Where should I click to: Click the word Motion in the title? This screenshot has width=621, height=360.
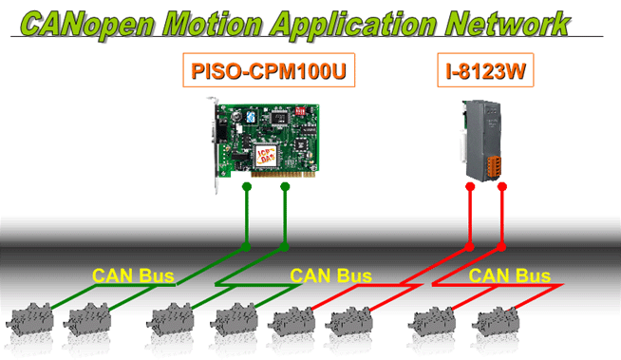(x=212, y=24)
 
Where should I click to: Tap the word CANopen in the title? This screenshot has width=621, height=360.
(x=87, y=25)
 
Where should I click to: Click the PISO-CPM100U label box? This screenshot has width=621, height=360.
(x=269, y=70)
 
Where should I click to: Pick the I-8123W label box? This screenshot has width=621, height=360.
(x=485, y=70)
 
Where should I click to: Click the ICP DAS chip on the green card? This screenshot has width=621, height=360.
(x=266, y=155)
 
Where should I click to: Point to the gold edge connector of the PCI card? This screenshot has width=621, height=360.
(x=283, y=174)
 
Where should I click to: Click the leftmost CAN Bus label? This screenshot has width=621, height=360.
(x=133, y=275)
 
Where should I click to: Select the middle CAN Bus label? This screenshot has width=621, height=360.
(x=330, y=275)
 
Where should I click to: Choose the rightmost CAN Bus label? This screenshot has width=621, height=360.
(x=509, y=275)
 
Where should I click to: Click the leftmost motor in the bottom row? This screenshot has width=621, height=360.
(x=29, y=318)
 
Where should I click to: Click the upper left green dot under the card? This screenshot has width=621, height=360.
(x=247, y=186)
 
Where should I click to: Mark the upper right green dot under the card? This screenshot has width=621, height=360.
(x=285, y=186)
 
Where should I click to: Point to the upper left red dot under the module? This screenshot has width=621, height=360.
(x=470, y=186)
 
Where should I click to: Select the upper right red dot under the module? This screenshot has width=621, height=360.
(x=501, y=186)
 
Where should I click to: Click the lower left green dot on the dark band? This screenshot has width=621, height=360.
(x=246, y=247)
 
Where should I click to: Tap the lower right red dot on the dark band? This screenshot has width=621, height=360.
(x=501, y=247)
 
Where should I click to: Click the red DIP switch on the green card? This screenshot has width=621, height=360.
(x=301, y=110)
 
